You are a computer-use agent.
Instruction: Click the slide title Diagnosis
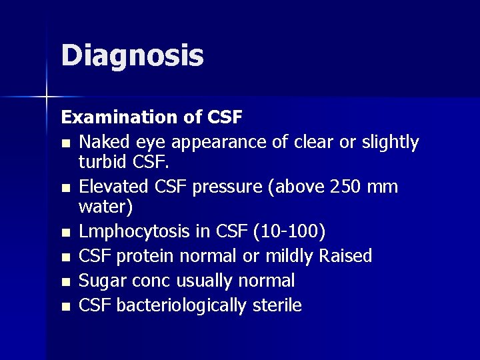tap(132, 56)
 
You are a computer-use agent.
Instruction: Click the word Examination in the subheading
tap(117, 117)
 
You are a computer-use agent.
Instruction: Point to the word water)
tap(106, 207)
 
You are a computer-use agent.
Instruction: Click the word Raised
tap(345, 256)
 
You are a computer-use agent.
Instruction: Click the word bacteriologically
tap(182, 306)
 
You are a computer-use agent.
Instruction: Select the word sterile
tap(277, 305)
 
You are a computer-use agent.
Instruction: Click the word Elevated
tap(113, 187)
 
